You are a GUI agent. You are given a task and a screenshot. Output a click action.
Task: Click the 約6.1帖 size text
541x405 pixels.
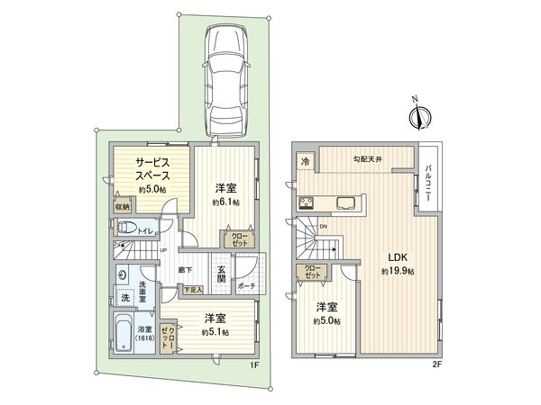tap(225, 202)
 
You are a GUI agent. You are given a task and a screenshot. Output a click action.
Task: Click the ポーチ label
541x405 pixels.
tap(248, 285)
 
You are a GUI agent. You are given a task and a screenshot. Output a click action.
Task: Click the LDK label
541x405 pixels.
tap(397, 256)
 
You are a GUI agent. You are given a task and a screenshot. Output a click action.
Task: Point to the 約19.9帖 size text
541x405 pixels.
tap(397, 271)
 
